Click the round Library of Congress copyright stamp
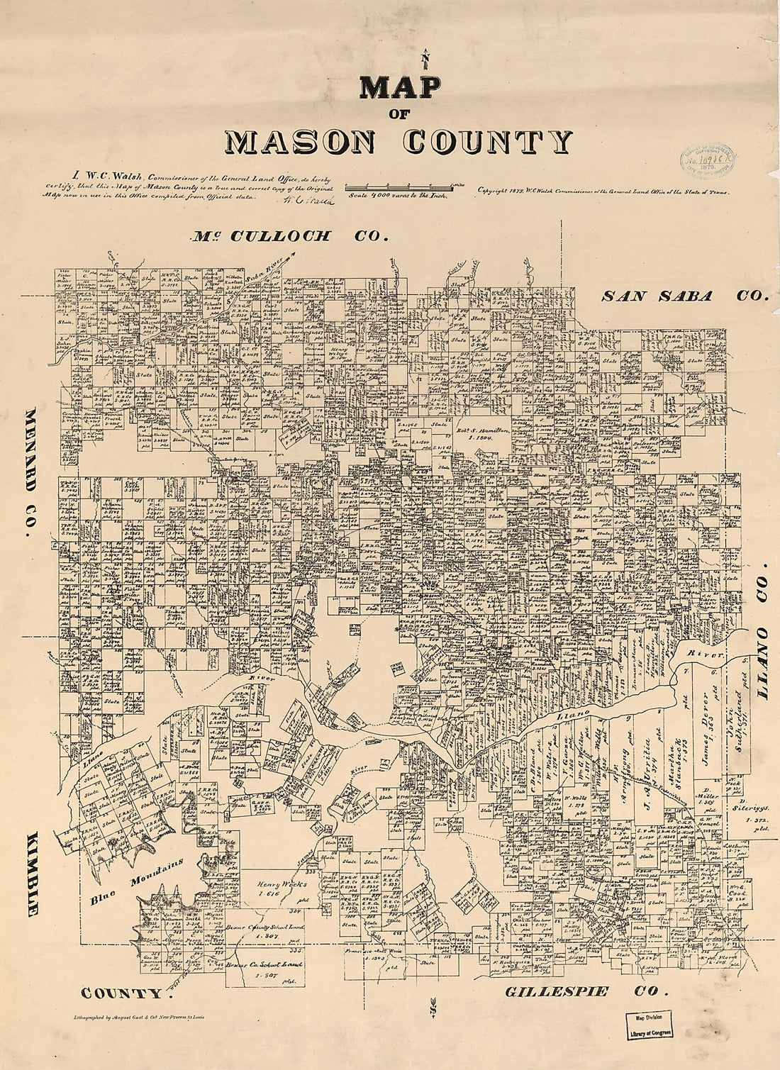click(x=708, y=154)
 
